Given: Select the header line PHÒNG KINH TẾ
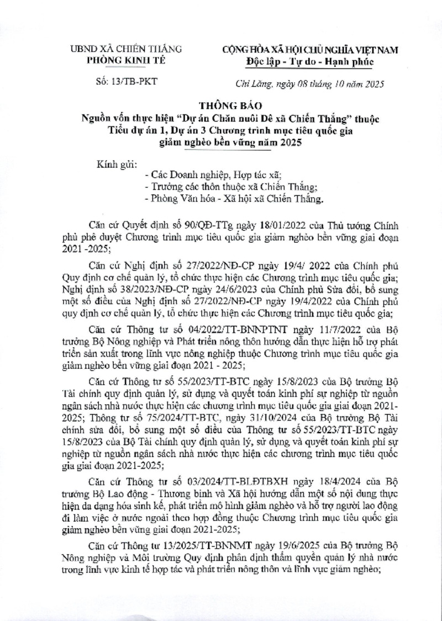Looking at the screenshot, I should (x=128, y=61).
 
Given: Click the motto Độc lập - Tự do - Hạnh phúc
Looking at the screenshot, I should (x=310, y=61).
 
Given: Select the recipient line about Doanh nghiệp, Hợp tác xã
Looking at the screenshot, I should (x=212, y=175).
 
